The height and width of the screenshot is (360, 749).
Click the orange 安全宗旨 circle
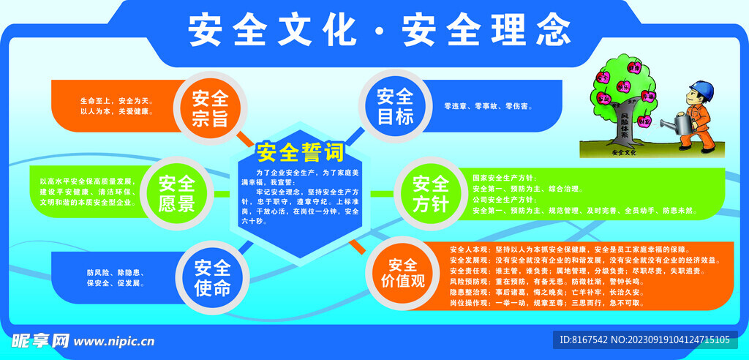[210, 108]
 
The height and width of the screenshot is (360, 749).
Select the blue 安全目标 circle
[395, 107]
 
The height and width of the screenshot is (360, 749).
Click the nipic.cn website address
[114, 341]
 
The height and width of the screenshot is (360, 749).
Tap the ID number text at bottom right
[644, 340]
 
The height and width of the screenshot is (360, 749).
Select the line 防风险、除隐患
[115, 273]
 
